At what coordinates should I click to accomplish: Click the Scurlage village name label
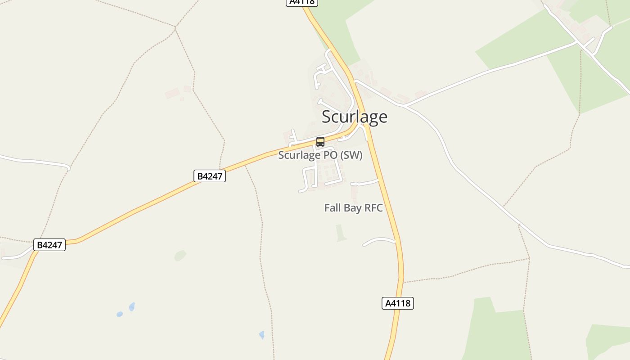(x=354, y=117)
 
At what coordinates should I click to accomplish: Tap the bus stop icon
(x=320, y=142)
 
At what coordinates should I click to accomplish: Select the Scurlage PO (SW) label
(x=320, y=155)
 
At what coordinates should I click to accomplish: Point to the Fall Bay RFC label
(x=353, y=208)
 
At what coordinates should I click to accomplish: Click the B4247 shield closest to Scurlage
(x=209, y=176)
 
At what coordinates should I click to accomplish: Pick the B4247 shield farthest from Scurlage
(x=49, y=245)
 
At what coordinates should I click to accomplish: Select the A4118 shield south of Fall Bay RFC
(x=398, y=303)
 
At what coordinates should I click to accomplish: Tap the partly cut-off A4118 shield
(x=302, y=2)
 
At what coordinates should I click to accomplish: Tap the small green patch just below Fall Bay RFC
(x=341, y=233)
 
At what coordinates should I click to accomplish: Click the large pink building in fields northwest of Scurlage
(x=172, y=93)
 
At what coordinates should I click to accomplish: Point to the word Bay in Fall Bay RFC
(x=351, y=208)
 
